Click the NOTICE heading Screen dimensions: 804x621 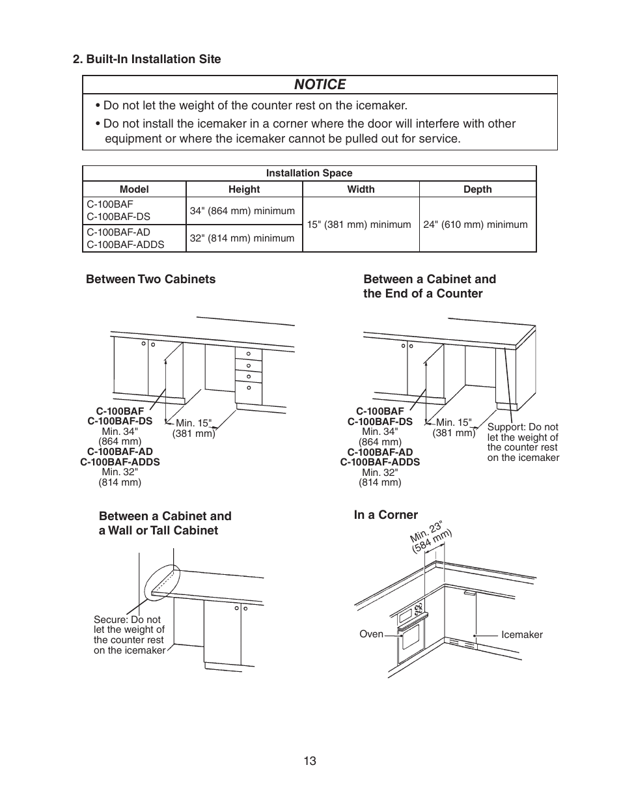tap(320, 85)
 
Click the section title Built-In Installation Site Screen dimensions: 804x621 tap(146, 59)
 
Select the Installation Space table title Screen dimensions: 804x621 tap(309, 173)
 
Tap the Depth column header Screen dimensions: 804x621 tap(477, 189)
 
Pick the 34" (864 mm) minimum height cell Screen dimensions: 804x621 tap(242, 211)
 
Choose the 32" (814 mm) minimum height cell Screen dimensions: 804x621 tap(242, 238)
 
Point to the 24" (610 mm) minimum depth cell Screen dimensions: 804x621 tap(475, 225)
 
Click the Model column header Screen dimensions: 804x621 tap(134, 189)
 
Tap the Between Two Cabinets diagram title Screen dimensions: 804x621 tap(150, 279)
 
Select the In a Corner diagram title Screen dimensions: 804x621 tap(385, 515)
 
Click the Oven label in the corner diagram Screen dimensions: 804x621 tap(371, 634)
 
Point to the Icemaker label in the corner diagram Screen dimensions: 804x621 tap(521, 635)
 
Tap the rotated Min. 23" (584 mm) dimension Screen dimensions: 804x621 tap(430, 537)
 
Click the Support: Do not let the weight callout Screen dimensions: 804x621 tap(523, 442)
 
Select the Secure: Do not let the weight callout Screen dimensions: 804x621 tap(129, 635)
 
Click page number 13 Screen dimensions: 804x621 tap(309, 761)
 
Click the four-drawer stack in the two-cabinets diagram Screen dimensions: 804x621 tap(249, 374)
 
